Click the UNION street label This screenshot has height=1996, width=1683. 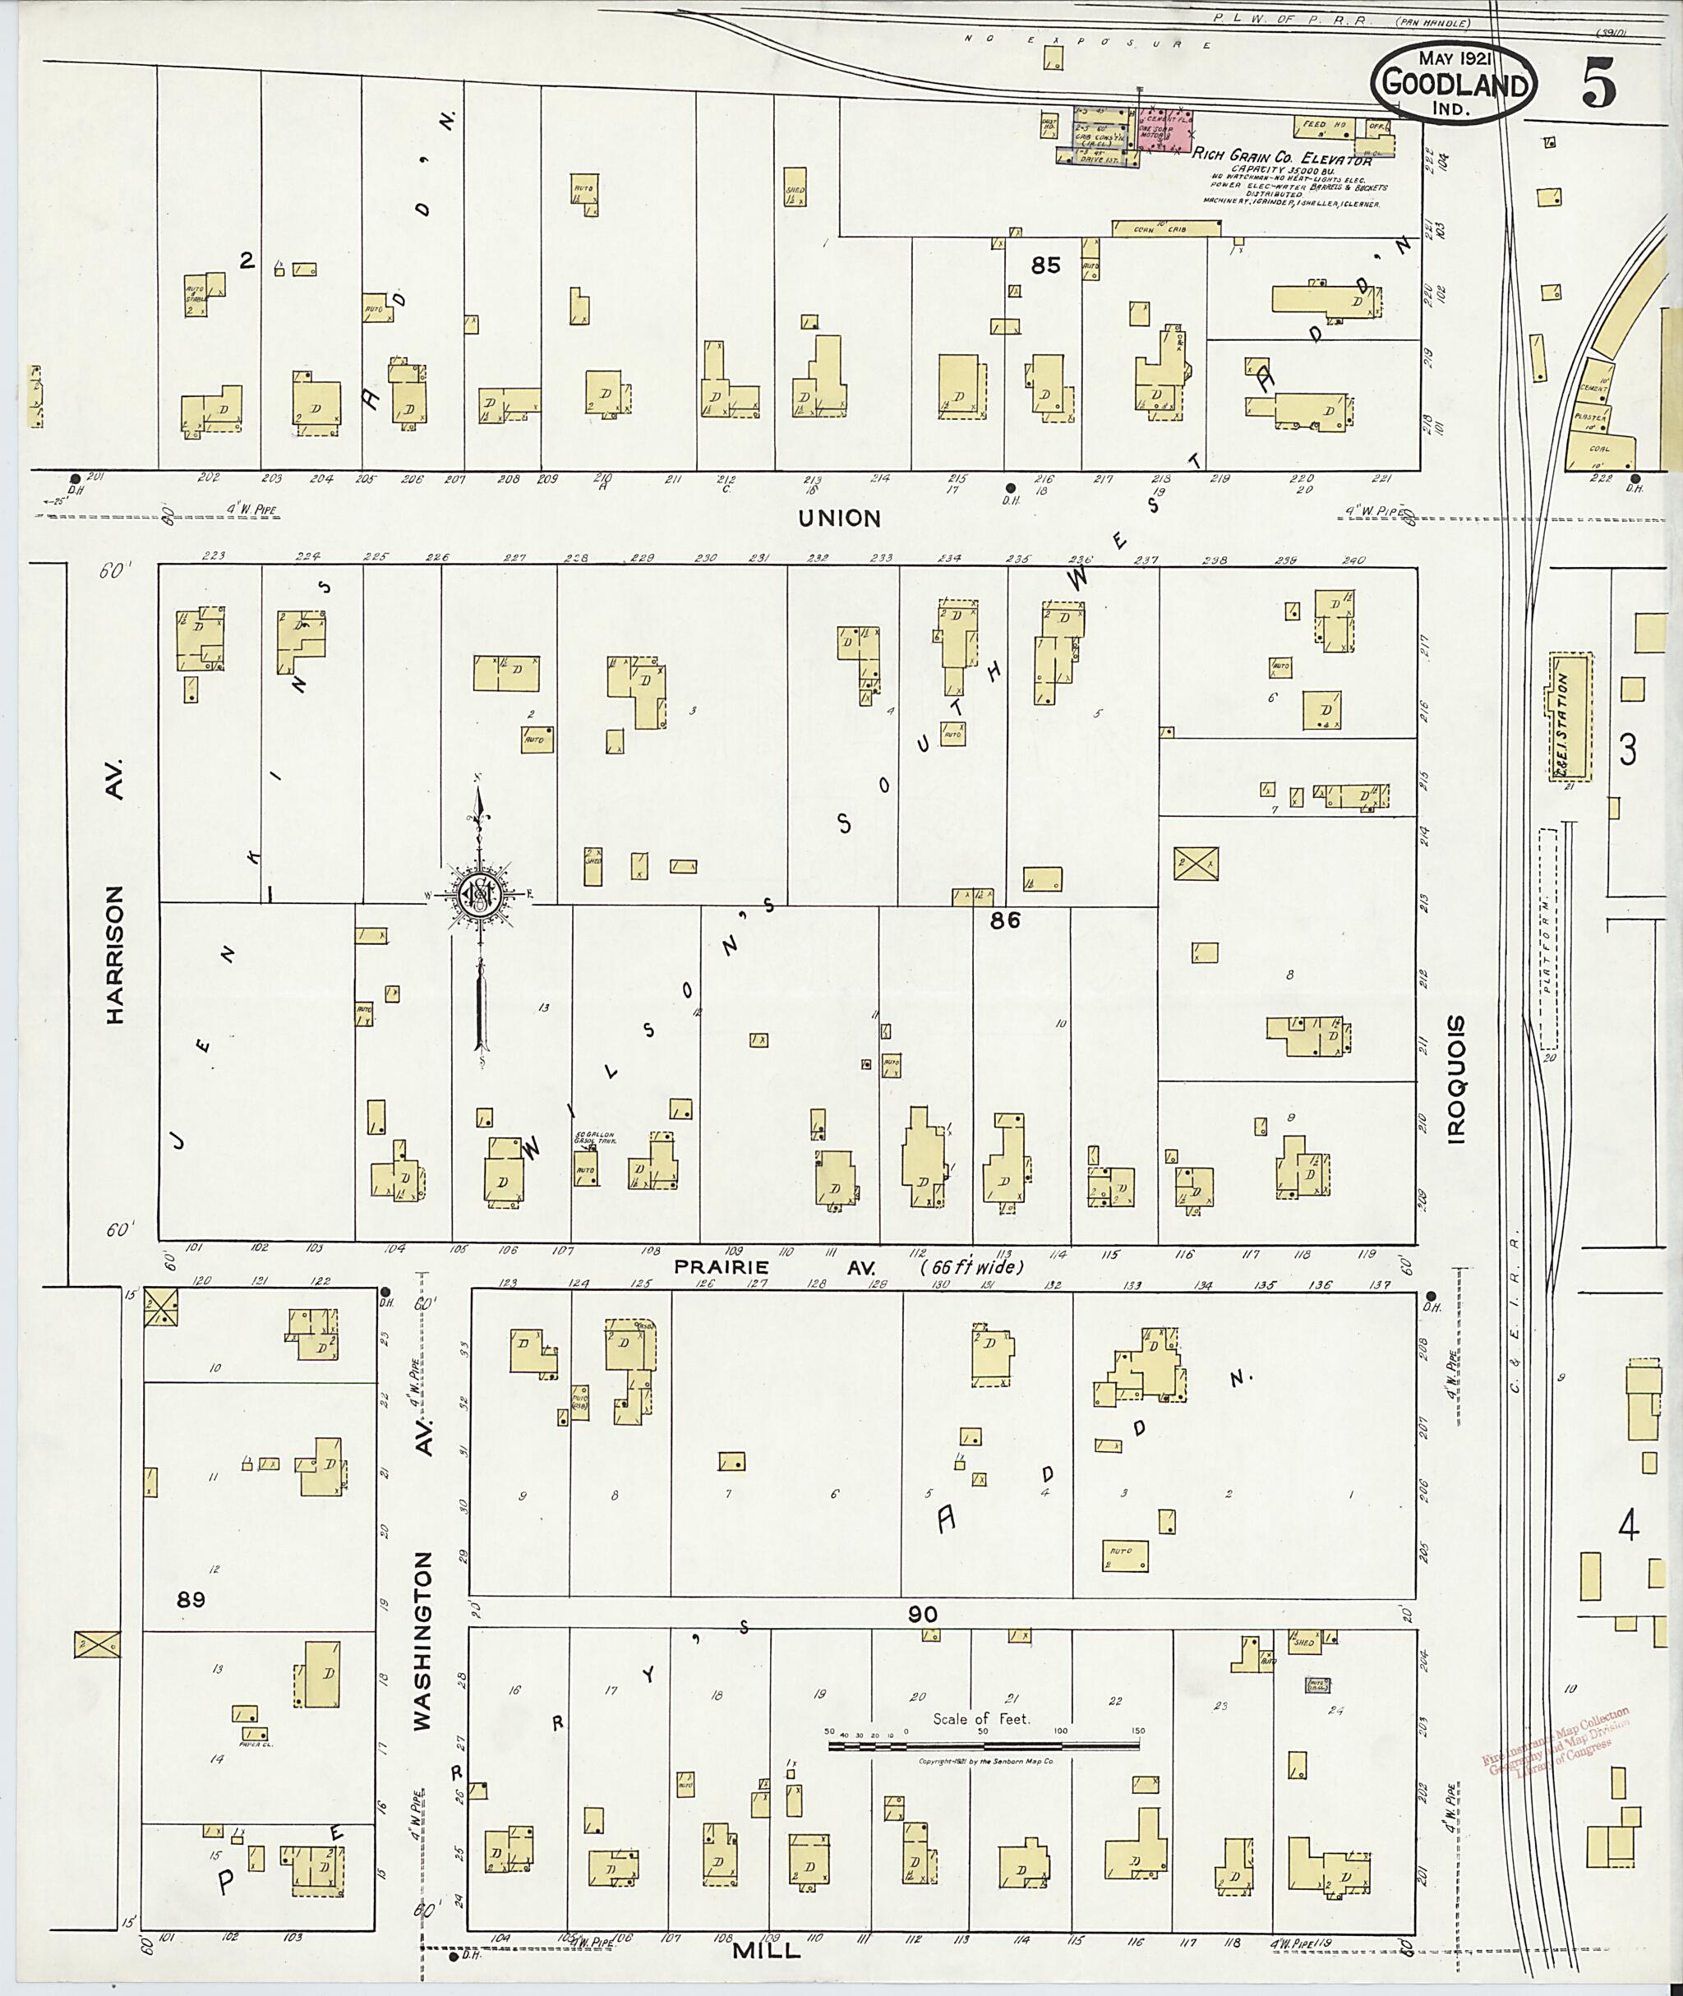840,518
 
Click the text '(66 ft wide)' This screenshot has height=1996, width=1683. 971,1268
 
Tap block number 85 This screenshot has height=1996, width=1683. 1045,265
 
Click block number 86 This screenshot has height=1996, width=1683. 1005,920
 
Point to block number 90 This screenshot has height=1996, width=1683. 923,1615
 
